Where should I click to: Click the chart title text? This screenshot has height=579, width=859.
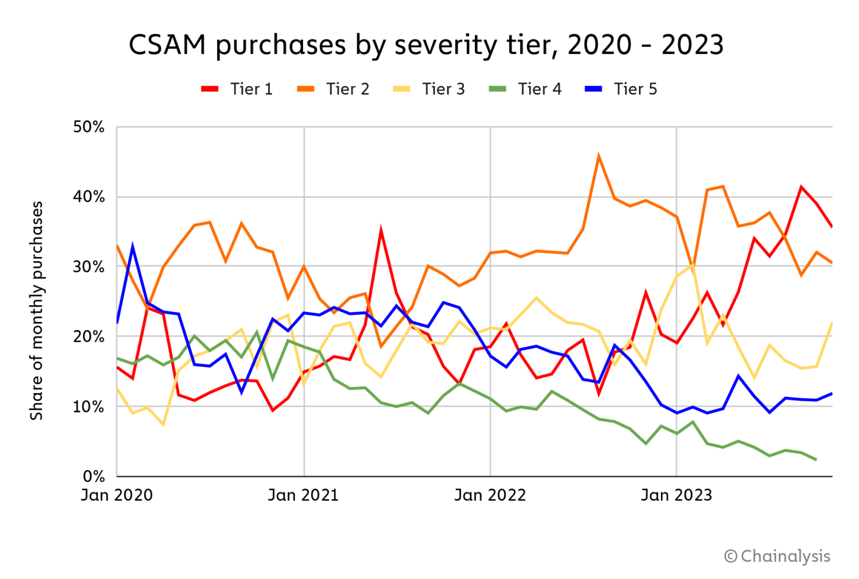tap(426, 45)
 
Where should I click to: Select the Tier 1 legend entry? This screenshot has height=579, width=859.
tap(237, 89)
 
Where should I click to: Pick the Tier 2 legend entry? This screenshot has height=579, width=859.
tap(333, 89)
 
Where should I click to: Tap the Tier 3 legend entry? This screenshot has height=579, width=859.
tap(429, 89)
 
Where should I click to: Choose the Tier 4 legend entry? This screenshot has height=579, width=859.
tap(525, 89)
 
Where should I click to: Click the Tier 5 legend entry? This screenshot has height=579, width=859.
tap(621, 89)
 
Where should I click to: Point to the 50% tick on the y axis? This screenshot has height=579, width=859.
tap(89, 127)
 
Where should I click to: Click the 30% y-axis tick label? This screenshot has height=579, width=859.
tap(89, 267)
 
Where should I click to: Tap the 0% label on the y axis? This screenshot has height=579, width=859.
tap(94, 476)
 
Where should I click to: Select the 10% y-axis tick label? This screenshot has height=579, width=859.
tap(89, 406)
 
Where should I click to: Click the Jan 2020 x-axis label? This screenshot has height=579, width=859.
tap(117, 495)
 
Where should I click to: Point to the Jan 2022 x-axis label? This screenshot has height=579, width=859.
tap(490, 495)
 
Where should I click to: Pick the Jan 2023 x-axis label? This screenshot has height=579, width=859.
tap(676, 495)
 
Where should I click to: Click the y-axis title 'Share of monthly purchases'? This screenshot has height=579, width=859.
tap(37, 310)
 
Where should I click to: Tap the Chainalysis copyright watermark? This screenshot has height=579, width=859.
tap(777, 556)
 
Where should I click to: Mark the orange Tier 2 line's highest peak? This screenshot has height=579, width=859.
tap(598, 156)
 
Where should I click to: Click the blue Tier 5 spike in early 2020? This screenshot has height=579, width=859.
tap(132, 247)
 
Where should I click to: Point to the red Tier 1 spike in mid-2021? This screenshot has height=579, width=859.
tap(381, 230)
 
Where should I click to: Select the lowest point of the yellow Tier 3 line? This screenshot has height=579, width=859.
tap(163, 425)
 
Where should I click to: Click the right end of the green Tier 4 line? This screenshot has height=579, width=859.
tap(815, 460)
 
